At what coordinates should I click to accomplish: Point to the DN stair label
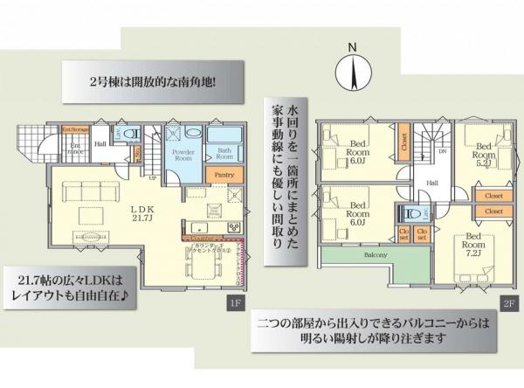443,149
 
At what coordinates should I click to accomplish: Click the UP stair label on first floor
154,177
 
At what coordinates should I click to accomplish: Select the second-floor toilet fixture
409,213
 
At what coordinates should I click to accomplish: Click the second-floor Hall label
431,182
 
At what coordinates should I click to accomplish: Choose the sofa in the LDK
83,185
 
